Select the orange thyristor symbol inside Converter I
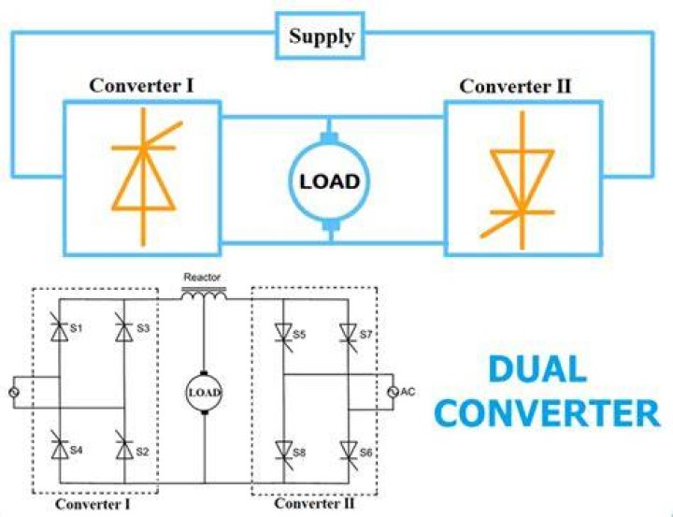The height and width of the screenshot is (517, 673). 144,177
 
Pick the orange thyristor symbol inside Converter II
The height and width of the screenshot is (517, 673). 522,180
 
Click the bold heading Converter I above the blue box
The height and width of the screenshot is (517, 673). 141,85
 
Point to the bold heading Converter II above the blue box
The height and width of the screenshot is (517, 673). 515,86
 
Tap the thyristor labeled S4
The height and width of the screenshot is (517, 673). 59,448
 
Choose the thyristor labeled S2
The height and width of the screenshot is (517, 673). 124,448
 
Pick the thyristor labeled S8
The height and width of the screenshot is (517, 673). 284,453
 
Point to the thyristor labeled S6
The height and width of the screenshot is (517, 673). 349,453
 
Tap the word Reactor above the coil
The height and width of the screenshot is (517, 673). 202,278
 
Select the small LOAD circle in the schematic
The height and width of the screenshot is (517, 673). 204,393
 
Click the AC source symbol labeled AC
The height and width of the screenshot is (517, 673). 393,392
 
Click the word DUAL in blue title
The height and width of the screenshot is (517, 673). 537,369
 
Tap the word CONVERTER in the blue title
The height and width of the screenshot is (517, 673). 547,413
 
